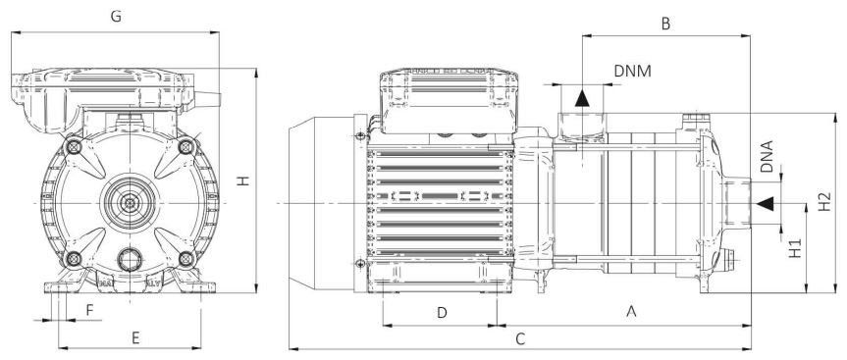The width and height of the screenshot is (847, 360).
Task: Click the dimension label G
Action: pyautogui.click(x=116, y=17)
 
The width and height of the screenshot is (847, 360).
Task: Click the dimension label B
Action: pyautogui.click(x=665, y=24)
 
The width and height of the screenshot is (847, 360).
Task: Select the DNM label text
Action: pyautogui.click(x=632, y=72)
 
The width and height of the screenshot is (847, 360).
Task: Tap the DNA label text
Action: pyautogui.click(x=767, y=156)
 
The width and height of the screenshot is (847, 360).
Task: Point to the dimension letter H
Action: pyautogui.click(x=244, y=180)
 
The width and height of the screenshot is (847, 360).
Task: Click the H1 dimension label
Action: pyautogui.click(x=795, y=248)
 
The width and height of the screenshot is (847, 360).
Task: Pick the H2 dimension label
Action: pyautogui.click(x=824, y=202)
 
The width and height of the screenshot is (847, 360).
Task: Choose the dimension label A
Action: pyautogui.click(x=630, y=311)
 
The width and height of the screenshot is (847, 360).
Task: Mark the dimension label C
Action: pyautogui.click(x=519, y=339)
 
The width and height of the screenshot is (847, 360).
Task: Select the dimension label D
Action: pyautogui.click(x=442, y=313)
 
